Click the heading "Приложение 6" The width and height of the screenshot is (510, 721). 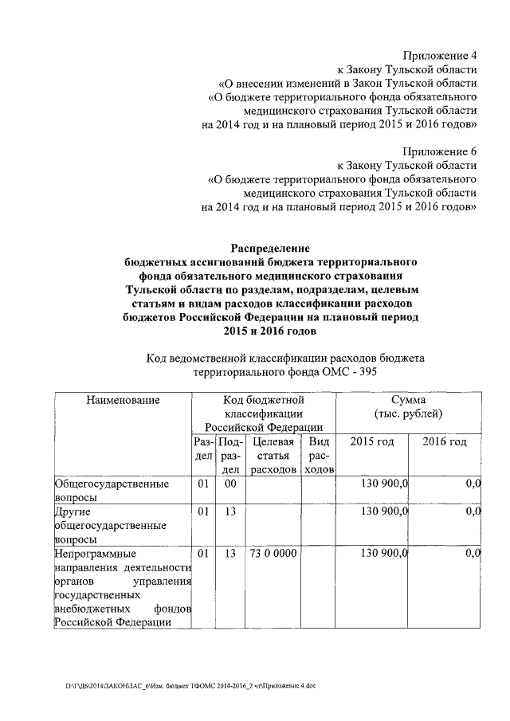point(439,151)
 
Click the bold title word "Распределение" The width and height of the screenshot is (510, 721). point(270,248)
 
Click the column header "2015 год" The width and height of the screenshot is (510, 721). point(373,441)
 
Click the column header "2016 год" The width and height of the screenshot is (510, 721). point(444,441)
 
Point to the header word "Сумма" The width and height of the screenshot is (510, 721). point(408,399)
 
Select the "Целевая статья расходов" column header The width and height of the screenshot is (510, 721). point(273,456)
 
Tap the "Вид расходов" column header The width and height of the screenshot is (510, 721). point(319,456)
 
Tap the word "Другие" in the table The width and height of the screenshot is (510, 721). point(73,511)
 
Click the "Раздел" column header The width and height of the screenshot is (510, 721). point(202,456)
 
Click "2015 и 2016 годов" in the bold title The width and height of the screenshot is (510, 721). point(270,331)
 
